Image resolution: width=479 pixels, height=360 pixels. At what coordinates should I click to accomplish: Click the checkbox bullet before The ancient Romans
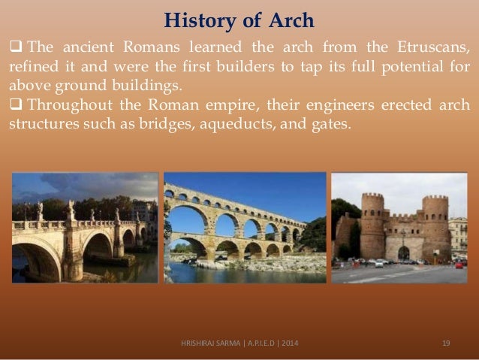coord(15,50)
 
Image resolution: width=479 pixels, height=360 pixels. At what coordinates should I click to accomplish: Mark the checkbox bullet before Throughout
coord(15,106)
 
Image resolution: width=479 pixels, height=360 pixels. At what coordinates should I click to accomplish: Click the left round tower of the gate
coord(372,225)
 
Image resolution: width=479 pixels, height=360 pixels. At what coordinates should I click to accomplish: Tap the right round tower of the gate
coord(435,225)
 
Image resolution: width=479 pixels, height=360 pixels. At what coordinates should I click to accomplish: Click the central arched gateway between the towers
coord(403,253)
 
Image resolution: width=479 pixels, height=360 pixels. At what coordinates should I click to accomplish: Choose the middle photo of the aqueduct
coord(245,228)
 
